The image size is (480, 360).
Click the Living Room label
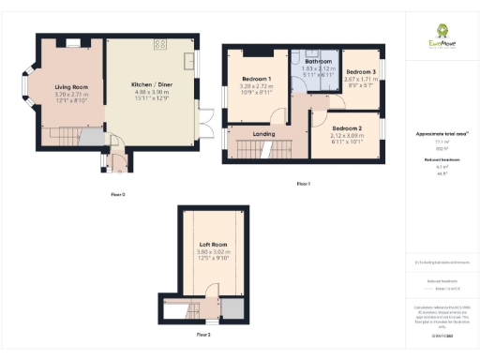coord(70,85)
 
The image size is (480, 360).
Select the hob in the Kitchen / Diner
coord(159,44)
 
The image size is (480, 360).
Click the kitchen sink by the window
coord(190,62)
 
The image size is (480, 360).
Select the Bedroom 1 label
coord(257,78)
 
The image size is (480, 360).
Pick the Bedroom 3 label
coord(360,72)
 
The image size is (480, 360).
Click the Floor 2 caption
coord(203,334)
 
